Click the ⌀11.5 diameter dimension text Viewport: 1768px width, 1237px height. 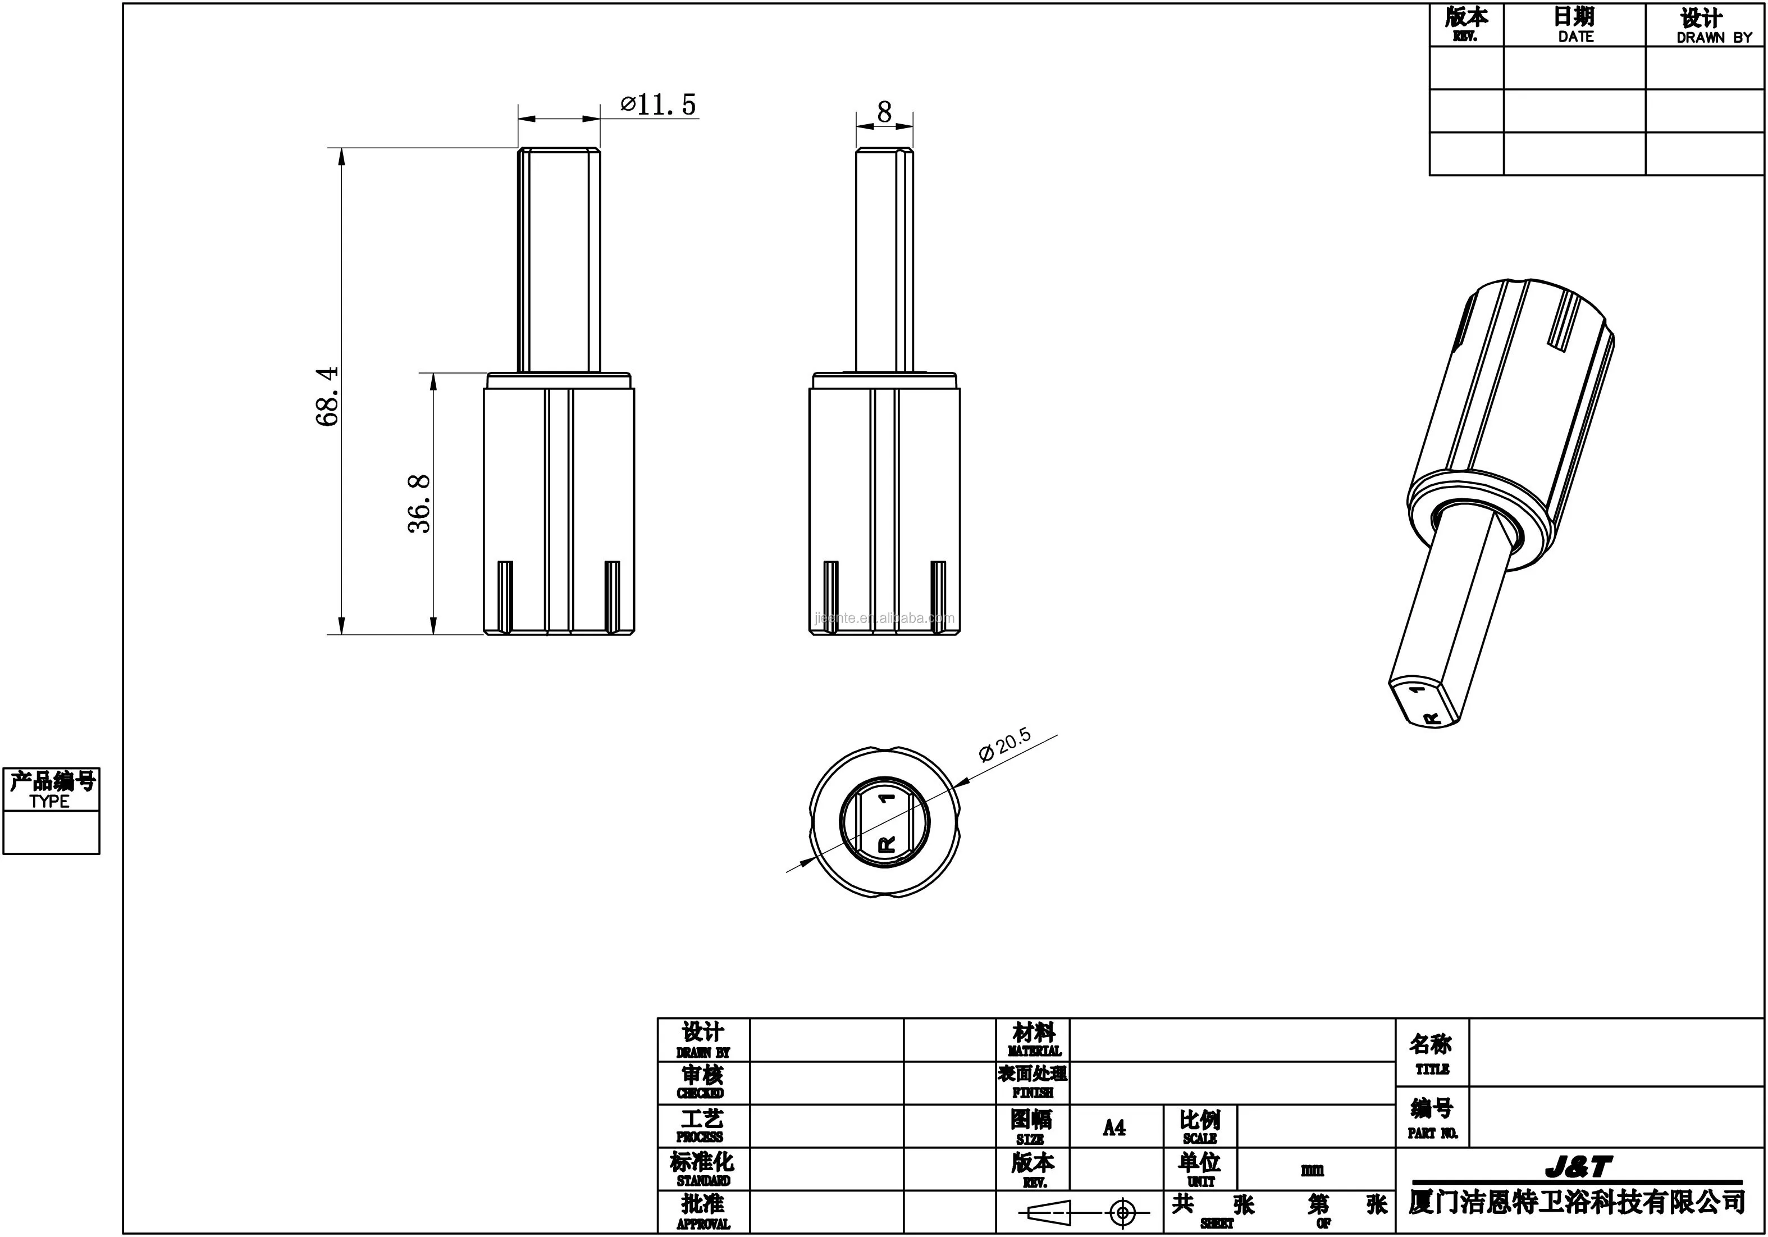(659, 104)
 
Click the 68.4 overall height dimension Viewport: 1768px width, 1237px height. (327, 396)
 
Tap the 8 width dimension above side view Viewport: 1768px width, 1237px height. (884, 112)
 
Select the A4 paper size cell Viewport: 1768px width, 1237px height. (1114, 1127)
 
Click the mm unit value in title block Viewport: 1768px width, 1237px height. (1313, 1170)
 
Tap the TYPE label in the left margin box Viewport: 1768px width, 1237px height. (50, 801)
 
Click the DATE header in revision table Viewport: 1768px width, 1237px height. (1575, 36)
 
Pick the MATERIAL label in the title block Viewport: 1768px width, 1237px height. (1034, 1050)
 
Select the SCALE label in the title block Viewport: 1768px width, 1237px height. (1200, 1138)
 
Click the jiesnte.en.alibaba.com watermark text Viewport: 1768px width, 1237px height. (884, 618)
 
